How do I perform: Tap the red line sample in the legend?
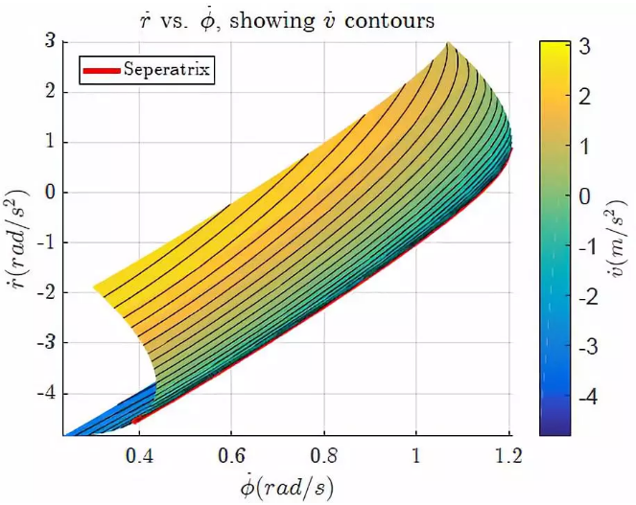(102, 70)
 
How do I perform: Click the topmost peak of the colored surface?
(447, 44)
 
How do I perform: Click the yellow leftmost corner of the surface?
(94, 287)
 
